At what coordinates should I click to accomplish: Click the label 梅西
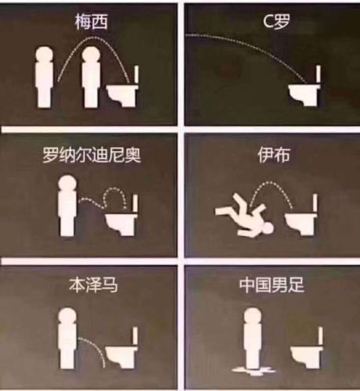coord(92,21)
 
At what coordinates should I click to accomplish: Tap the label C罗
coord(276,21)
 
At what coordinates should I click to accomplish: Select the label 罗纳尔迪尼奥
coord(92,155)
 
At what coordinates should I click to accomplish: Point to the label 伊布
coord(274,155)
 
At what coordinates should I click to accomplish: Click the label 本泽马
coord(93,285)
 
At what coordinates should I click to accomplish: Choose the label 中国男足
coord(272,285)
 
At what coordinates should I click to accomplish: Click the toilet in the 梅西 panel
coord(123,88)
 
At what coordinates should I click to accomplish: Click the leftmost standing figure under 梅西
coord(44,77)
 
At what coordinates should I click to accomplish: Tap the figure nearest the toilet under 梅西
coord(91,77)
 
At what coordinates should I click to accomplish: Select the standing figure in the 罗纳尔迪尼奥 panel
coord(67,206)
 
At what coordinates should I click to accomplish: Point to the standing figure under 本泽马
coord(67,338)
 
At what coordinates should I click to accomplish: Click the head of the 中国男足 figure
coord(253,316)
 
